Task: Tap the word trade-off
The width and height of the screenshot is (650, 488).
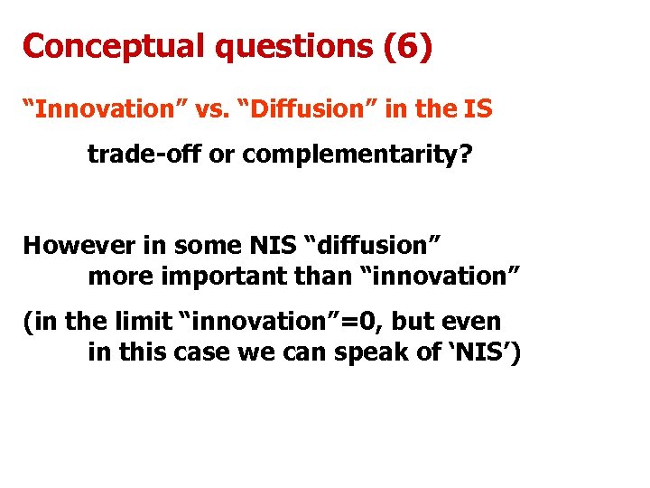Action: coord(144,155)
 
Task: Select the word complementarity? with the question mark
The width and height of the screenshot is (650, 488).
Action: coord(357,155)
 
